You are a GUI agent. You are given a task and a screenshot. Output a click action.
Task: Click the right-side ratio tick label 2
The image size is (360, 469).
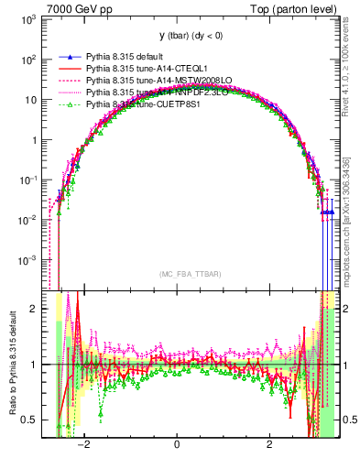[x=348, y=309]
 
